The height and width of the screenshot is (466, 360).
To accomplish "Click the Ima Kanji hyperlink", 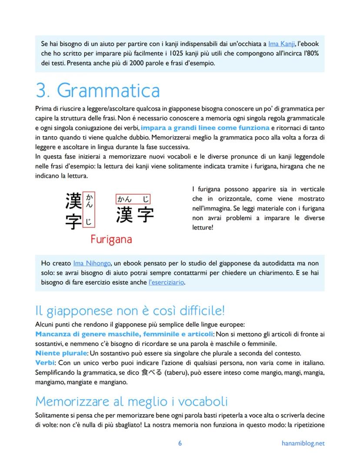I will (x=282, y=44).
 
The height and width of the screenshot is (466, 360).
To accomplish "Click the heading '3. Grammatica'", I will (x=97, y=90).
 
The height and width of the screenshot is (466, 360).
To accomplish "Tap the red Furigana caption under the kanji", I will (x=111, y=239).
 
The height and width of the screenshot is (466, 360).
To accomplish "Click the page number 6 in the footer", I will (x=180, y=443).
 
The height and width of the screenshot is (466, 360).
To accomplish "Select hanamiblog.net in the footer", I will (x=303, y=443).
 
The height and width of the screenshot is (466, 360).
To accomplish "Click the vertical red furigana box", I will (x=89, y=210).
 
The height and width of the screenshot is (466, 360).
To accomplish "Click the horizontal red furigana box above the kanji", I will (x=133, y=199).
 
